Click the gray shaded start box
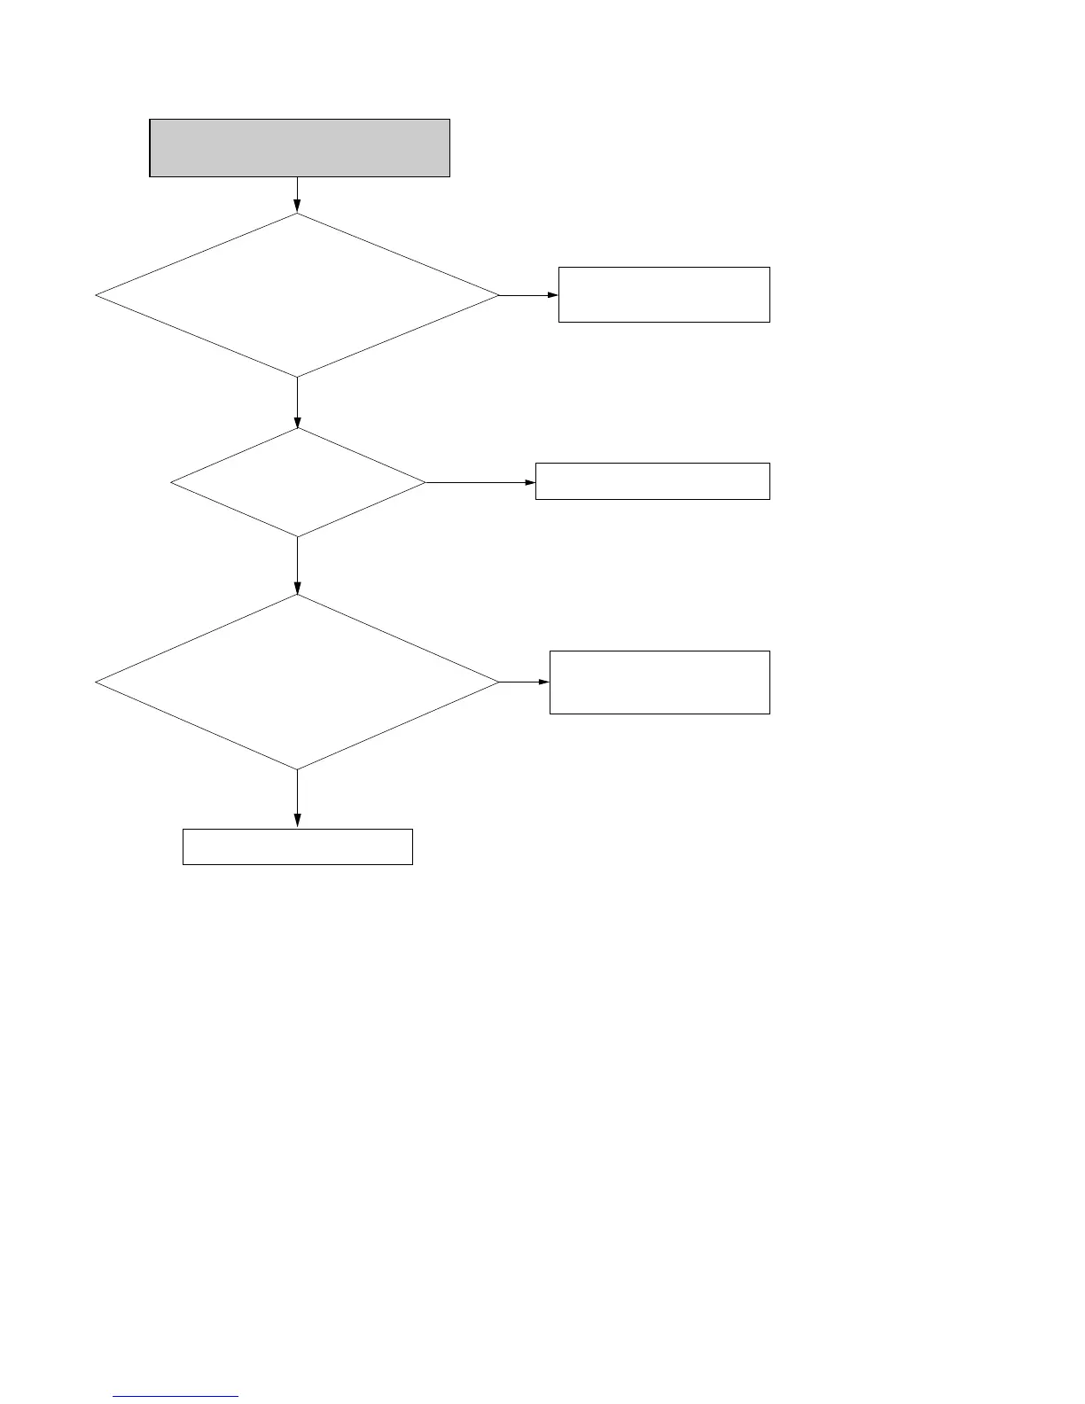[x=300, y=148]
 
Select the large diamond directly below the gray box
[x=297, y=295]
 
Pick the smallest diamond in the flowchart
[x=298, y=483]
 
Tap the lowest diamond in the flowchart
[x=297, y=682]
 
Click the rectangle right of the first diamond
[x=664, y=294]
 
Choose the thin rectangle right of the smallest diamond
[x=652, y=481]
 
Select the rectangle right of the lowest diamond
[x=660, y=682]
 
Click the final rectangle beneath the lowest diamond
[x=298, y=846]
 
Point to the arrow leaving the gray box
[x=297, y=195]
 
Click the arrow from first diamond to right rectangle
[x=529, y=295]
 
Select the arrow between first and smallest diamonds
[x=297, y=402]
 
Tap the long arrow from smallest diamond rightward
[x=480, y=483]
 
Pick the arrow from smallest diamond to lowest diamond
[x=297, y=565]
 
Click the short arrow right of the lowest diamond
[x=525, y=682]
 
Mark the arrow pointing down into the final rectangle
[x=297, y=799]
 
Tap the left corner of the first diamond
[x=98, y=295]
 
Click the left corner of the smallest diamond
[x=172, y=483]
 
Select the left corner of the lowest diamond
[x=98, y=682]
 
